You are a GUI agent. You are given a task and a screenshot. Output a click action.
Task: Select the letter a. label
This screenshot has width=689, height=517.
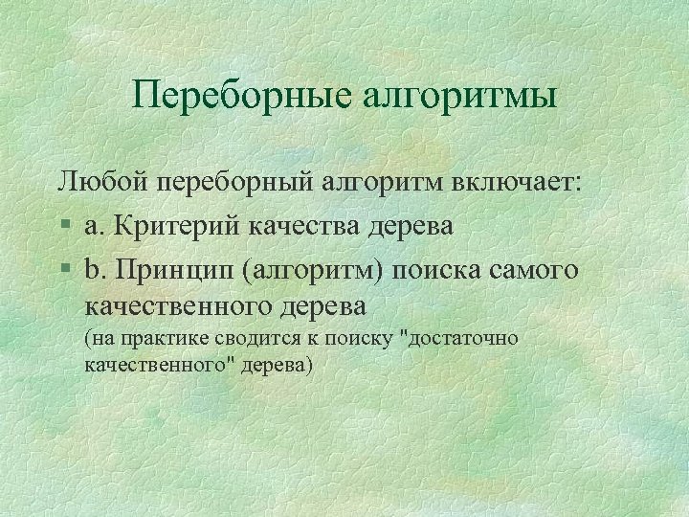93,226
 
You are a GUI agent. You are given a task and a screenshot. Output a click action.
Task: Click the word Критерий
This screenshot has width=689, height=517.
173,226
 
